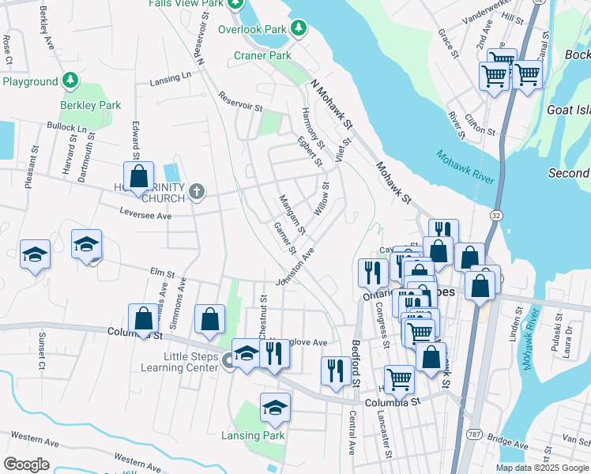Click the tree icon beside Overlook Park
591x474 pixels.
298,29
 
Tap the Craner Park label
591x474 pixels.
262,55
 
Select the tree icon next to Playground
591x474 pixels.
70,81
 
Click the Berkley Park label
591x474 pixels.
91,105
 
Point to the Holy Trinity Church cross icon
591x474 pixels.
197,191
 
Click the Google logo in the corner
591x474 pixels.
26,464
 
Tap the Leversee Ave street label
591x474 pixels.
145,215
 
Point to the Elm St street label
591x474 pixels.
163,273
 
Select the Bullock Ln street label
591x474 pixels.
67,127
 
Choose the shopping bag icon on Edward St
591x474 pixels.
138,177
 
